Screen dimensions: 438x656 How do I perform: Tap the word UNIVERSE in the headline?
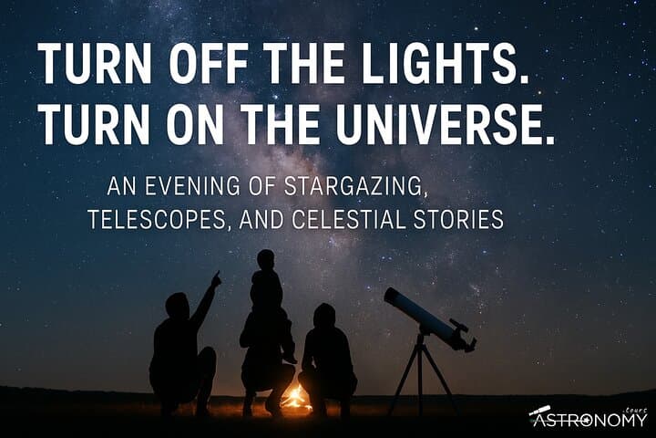point(446,125)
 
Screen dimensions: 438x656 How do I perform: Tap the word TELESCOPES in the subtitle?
point(147,221)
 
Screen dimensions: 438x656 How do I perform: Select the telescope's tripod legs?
point(420,374)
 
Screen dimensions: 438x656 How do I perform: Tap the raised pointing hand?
point(216,278)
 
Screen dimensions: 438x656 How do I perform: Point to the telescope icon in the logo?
point(539,413)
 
